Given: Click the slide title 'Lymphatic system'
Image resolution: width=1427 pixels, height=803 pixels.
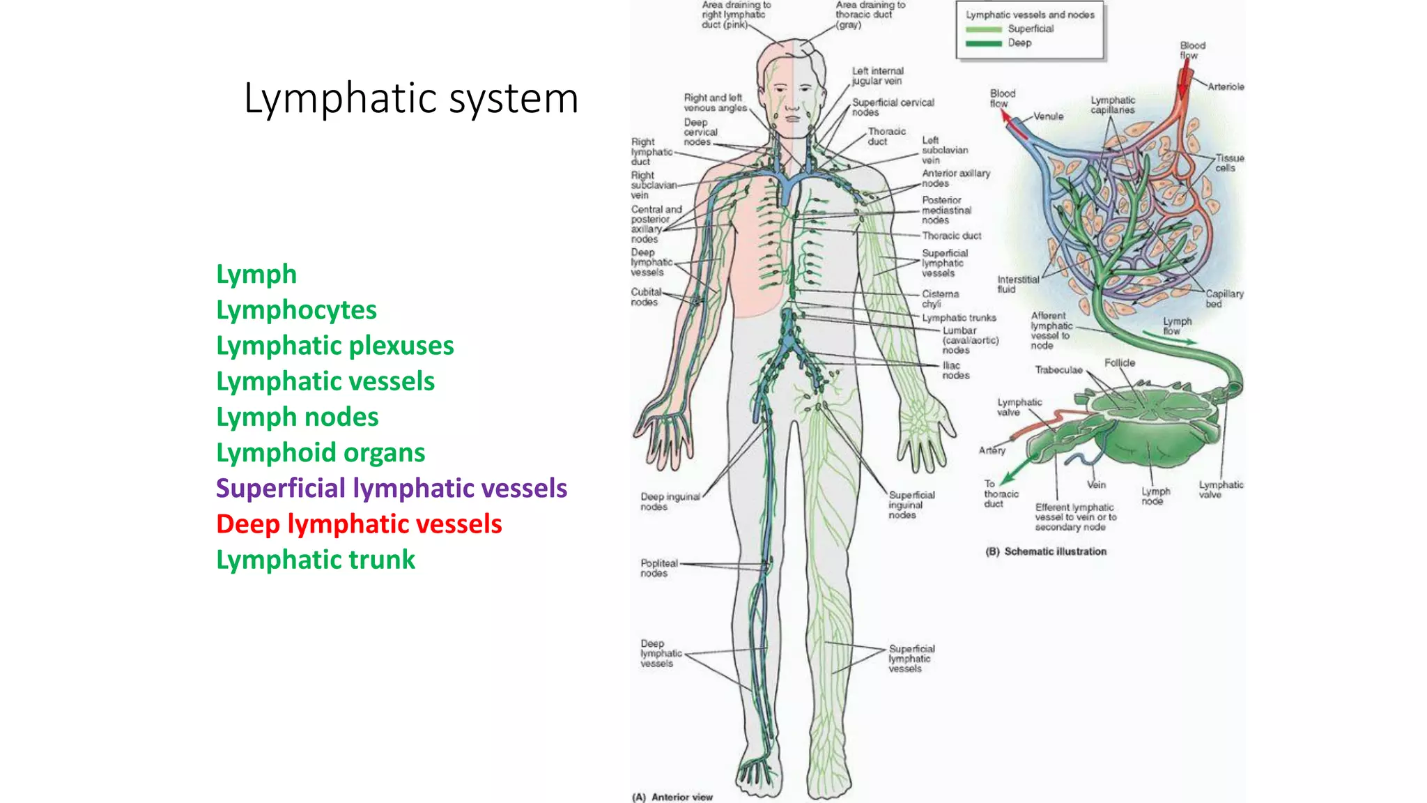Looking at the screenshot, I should (x=411, y=98).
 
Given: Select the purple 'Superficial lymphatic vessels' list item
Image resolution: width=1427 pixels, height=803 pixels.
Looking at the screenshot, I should (x=391, y=488).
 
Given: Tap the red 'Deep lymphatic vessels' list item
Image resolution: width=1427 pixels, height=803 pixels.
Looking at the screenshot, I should (x=359, y=524).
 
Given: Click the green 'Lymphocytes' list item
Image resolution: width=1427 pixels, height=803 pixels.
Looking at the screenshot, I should (x=296, y=309).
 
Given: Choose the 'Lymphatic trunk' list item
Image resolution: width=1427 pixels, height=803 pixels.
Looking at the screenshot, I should (x=315, y=560).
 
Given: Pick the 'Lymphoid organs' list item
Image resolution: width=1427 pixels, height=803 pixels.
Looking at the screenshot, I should (x=321, y=452).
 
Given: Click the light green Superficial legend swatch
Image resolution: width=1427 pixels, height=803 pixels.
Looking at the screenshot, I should (x=983, y=29).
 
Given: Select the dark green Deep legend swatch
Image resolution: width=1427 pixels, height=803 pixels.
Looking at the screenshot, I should (x=983, y=43).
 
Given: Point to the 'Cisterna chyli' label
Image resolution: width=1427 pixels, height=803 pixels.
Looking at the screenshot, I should (x=940, y=299).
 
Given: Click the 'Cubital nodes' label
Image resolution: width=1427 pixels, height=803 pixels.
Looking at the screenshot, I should (x=645, y=297).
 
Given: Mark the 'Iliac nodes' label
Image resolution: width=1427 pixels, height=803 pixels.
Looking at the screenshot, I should (x=955, y=370).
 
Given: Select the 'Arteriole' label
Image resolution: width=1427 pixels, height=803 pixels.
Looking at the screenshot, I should (x=1226, y=87).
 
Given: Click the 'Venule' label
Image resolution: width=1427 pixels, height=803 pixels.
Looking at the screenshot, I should (x=1048, y=116).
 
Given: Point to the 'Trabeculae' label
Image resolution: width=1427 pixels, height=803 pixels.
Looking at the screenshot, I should (x=1058, y=370).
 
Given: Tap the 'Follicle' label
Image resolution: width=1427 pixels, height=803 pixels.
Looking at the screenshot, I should (x=1119, y=363).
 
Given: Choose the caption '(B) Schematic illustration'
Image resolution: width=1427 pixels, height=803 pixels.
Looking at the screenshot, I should (x=1046, y=551).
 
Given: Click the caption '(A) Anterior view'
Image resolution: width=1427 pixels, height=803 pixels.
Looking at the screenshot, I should (x=672, y=797).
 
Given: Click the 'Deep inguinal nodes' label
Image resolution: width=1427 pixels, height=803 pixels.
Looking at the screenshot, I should (x=669, y=502).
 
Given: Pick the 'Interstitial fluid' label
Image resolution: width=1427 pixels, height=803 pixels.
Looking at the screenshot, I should (x=1017, y=284).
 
